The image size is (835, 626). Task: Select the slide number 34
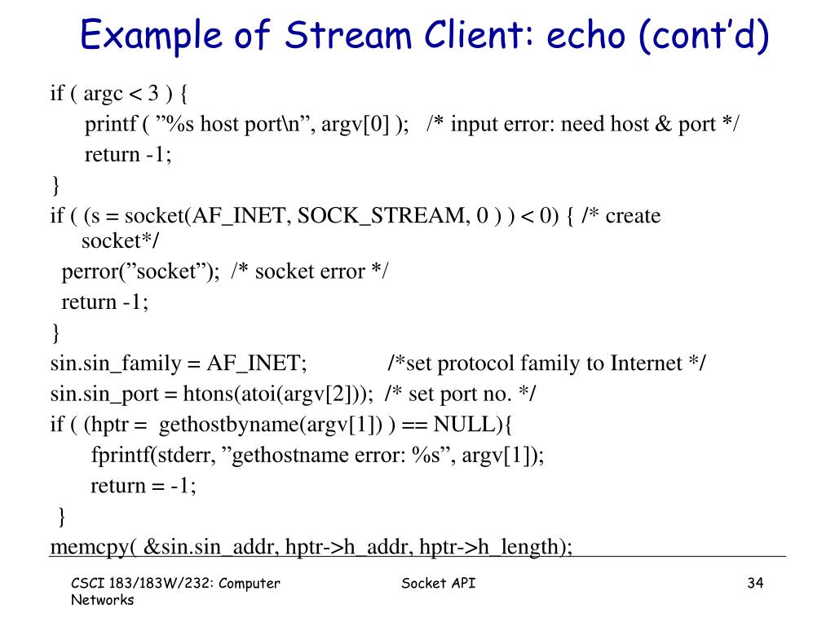pos(754,583)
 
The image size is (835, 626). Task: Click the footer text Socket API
pos(440,583)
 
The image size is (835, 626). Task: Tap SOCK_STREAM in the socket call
pos(382,216)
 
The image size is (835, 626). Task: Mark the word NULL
pos(462,425)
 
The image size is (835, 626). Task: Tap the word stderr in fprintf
pos(187,456)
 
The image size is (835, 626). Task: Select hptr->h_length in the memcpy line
pos(490,547)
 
